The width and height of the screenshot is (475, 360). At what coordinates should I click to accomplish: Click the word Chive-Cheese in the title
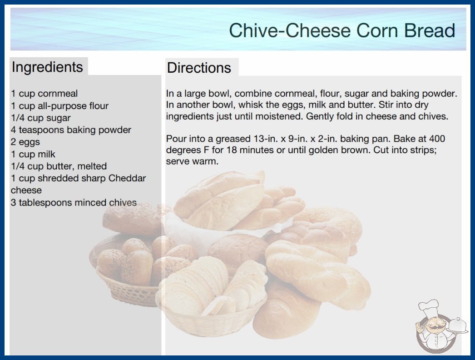coord(290,30)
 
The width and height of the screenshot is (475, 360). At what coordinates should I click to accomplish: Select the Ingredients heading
coord(47,67)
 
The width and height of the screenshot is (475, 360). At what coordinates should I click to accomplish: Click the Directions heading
coord(199,68)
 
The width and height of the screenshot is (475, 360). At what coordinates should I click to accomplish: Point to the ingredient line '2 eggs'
coord(25,142)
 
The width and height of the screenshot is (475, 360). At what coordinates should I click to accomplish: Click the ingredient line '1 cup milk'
coord(33,154)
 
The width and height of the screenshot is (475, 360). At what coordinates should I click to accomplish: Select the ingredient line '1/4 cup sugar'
coord(40,118)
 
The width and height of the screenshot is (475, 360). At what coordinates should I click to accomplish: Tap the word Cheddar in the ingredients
coord(127,178)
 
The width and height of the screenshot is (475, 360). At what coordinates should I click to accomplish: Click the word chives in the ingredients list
coord(124,202)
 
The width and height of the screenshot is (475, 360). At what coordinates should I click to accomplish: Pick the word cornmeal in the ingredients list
coord(58,94)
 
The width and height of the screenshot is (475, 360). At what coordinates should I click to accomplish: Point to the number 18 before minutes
coord(232,150)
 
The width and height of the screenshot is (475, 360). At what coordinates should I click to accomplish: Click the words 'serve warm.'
coord(192,161)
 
